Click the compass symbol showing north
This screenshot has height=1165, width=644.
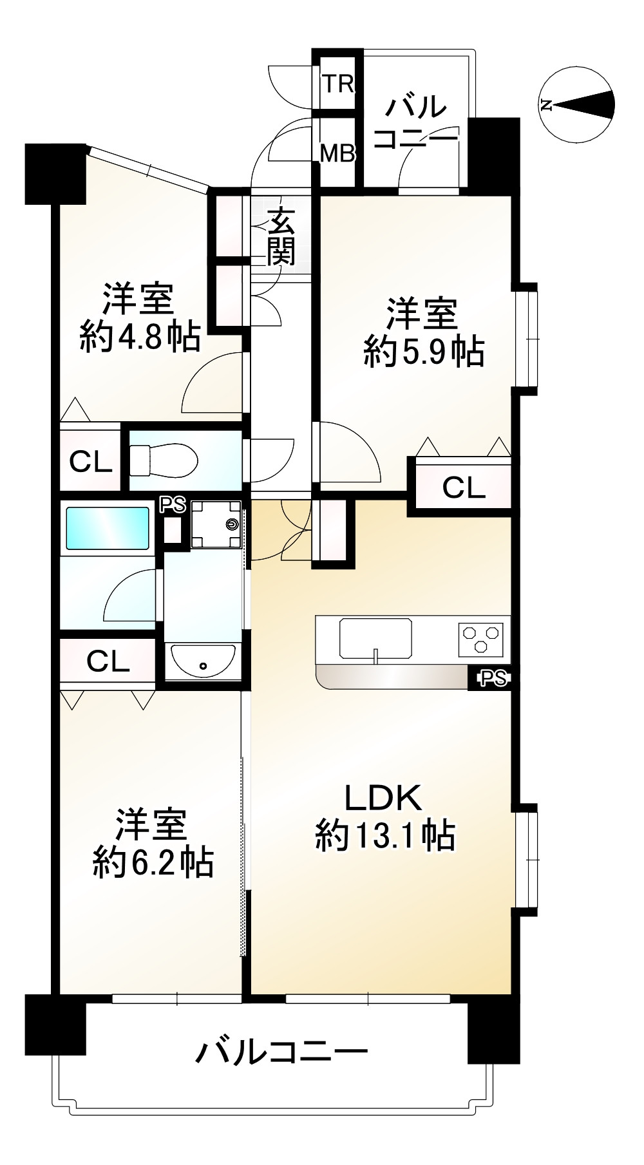click(577, 104)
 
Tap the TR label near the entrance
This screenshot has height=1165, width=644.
click(338, 84)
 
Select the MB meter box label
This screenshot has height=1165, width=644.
click(338, 154)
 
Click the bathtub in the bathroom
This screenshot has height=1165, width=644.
click(107, 528)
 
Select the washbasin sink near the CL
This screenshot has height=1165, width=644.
click(203, 661)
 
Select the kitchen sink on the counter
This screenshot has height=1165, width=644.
click(376, 638)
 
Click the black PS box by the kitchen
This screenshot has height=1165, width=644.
click(493, 677)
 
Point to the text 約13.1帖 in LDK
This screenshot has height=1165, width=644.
click(385, 837)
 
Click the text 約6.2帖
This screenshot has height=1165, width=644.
click(153, 862)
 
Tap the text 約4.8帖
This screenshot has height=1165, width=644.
click(140, 336)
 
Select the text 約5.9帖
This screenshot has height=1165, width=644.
click(424, 352)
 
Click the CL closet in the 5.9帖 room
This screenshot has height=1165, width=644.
click(464, 488)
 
